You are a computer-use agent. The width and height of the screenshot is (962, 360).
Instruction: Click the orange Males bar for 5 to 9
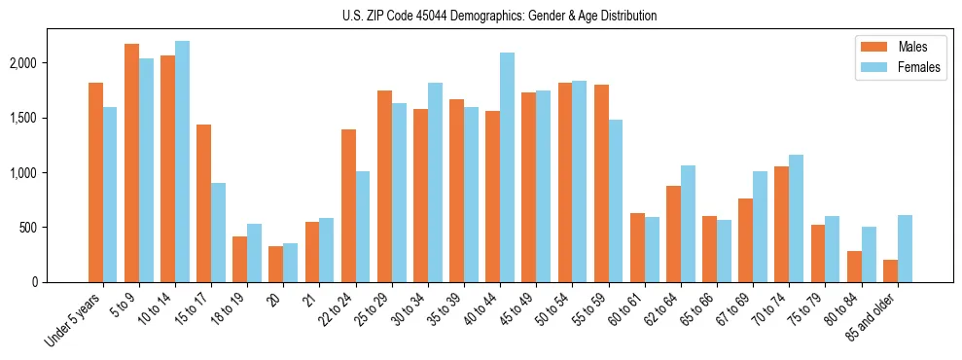(131, 162)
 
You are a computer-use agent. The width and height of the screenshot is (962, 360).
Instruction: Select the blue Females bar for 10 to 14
(182, 162)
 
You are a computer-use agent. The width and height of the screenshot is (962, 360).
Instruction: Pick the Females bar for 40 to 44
(507, 167)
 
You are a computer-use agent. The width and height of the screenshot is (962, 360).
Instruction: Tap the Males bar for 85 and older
(890, 270)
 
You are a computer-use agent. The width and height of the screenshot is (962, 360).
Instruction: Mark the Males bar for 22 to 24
(348, 205)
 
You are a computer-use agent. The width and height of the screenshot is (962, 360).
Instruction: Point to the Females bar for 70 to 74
(797, 218)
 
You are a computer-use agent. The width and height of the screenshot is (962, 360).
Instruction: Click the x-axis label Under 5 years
(76, 320)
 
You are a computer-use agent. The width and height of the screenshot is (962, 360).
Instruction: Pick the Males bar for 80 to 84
(854, 267)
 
